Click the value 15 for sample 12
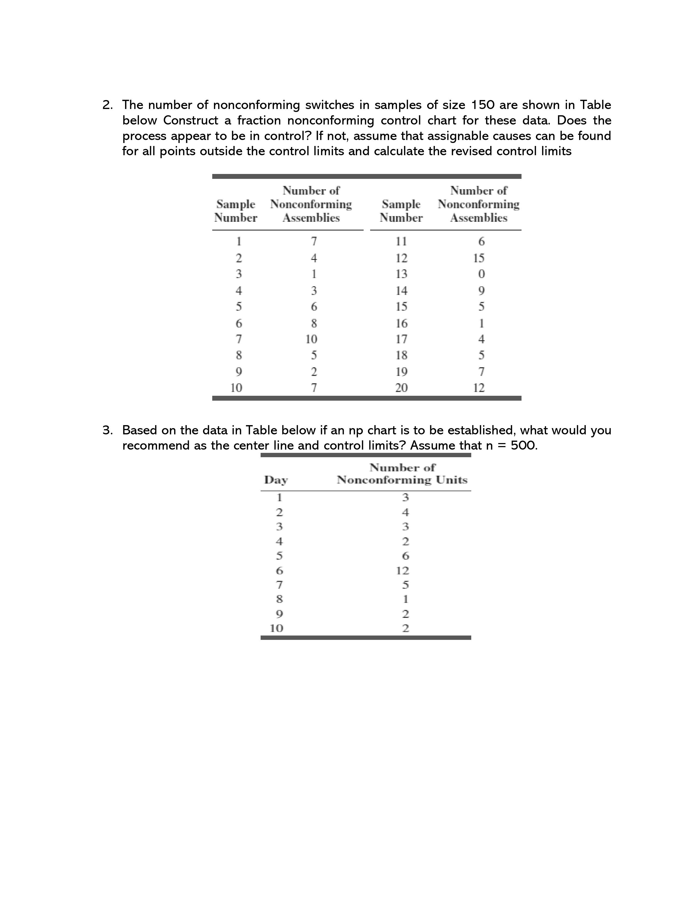tap(479, 258)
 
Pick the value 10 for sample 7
tap(312, 339)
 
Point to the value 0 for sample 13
tap(482, 274)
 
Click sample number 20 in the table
tap(401, 388)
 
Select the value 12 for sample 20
tap(479, 388)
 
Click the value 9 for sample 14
tap(482, 291)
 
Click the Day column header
tap(276, 480)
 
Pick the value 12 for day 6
tap(403, 571)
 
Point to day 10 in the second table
tap(276, 628)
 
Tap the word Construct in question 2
tap(191, 121)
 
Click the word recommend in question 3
tap(156, 446)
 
